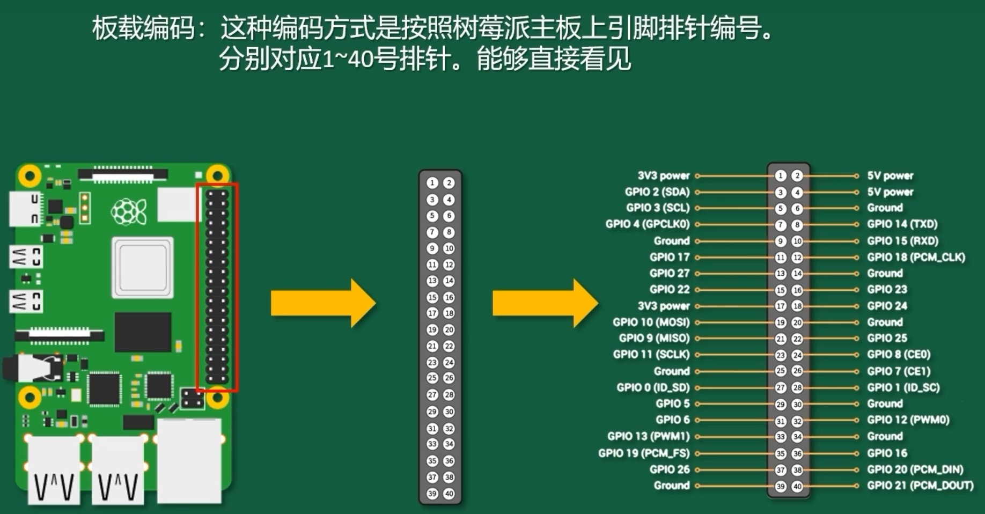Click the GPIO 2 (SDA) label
pyautogui.click(x=657, y=192)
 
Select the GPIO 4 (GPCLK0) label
pyautogui.click(x=648, y=224)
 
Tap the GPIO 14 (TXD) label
pyautogui.click(x=902, y=224)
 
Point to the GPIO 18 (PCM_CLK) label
pyautogui.click(x=916, y=257)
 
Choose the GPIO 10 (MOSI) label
pyautogui.click(x=651, y=322)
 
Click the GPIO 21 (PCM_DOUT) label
pyautogui.click(x=920, y=486)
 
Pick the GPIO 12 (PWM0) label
pyautogui.click(x=908, y=420)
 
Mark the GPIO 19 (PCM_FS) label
pyautogui.click(x=644, y=453)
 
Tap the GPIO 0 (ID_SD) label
pyautogui.click(x=653, y=387)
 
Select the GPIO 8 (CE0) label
pyautogui.click(x=899, y=355)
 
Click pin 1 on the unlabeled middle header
pyautogui.click(x=432, y=183)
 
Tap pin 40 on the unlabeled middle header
pyautogui.click(x=449, y=494)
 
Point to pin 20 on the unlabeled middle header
pyautogui.click(x=449, y=330)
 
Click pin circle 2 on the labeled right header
pyautogui.click(x=797, y=175)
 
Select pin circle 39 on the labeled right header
pyautogui.click(x=781, y=486)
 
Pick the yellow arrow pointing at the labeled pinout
pyautogui.click(x=545, y=303)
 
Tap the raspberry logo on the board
pyautogui.click(x=128, y=211)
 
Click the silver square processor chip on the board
pyautogui.click(x=142, y=267)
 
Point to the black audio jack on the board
pyautogui.click(x=32, y=368)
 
